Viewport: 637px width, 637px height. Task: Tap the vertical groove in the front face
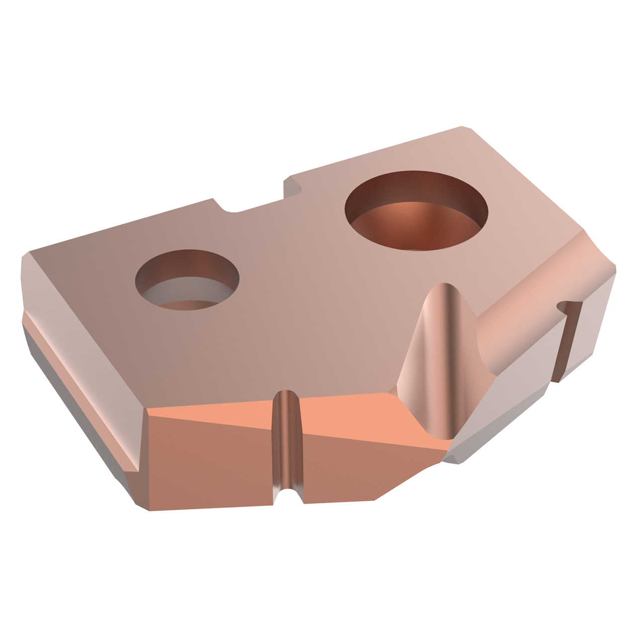coord(288,438)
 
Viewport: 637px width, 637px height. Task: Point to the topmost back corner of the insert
coord(465,128)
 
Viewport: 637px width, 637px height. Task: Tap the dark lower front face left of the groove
coord(209,468)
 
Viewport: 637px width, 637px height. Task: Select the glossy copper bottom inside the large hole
coord(408,224)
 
